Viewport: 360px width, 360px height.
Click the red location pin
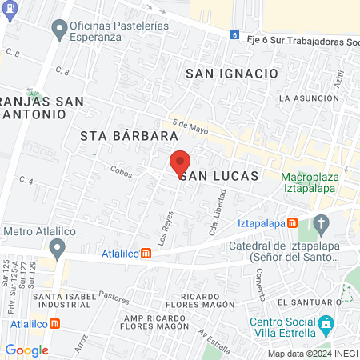(180, 163)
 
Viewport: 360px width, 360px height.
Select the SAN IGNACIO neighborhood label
(232, 74)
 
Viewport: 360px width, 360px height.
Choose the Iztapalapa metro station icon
(293, 222)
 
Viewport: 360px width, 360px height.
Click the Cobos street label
(121, 170)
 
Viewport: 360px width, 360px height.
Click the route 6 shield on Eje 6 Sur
(234, 34)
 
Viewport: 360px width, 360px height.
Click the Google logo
(26, 350)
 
